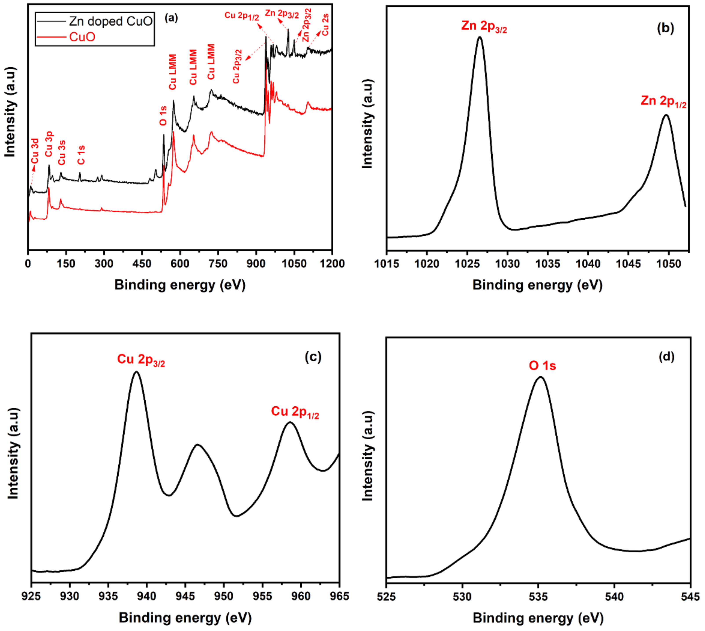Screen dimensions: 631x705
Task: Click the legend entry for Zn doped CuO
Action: [x=110, y=22]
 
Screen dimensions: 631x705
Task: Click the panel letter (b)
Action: [x=665, y=28]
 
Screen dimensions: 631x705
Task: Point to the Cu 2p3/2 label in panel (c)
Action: [x=141, y=359]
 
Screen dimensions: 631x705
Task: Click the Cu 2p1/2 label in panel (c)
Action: [x=295, y=412]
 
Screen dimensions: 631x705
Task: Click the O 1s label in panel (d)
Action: [x=542, y=366]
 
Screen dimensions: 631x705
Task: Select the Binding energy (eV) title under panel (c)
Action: [x=185, y=618]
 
